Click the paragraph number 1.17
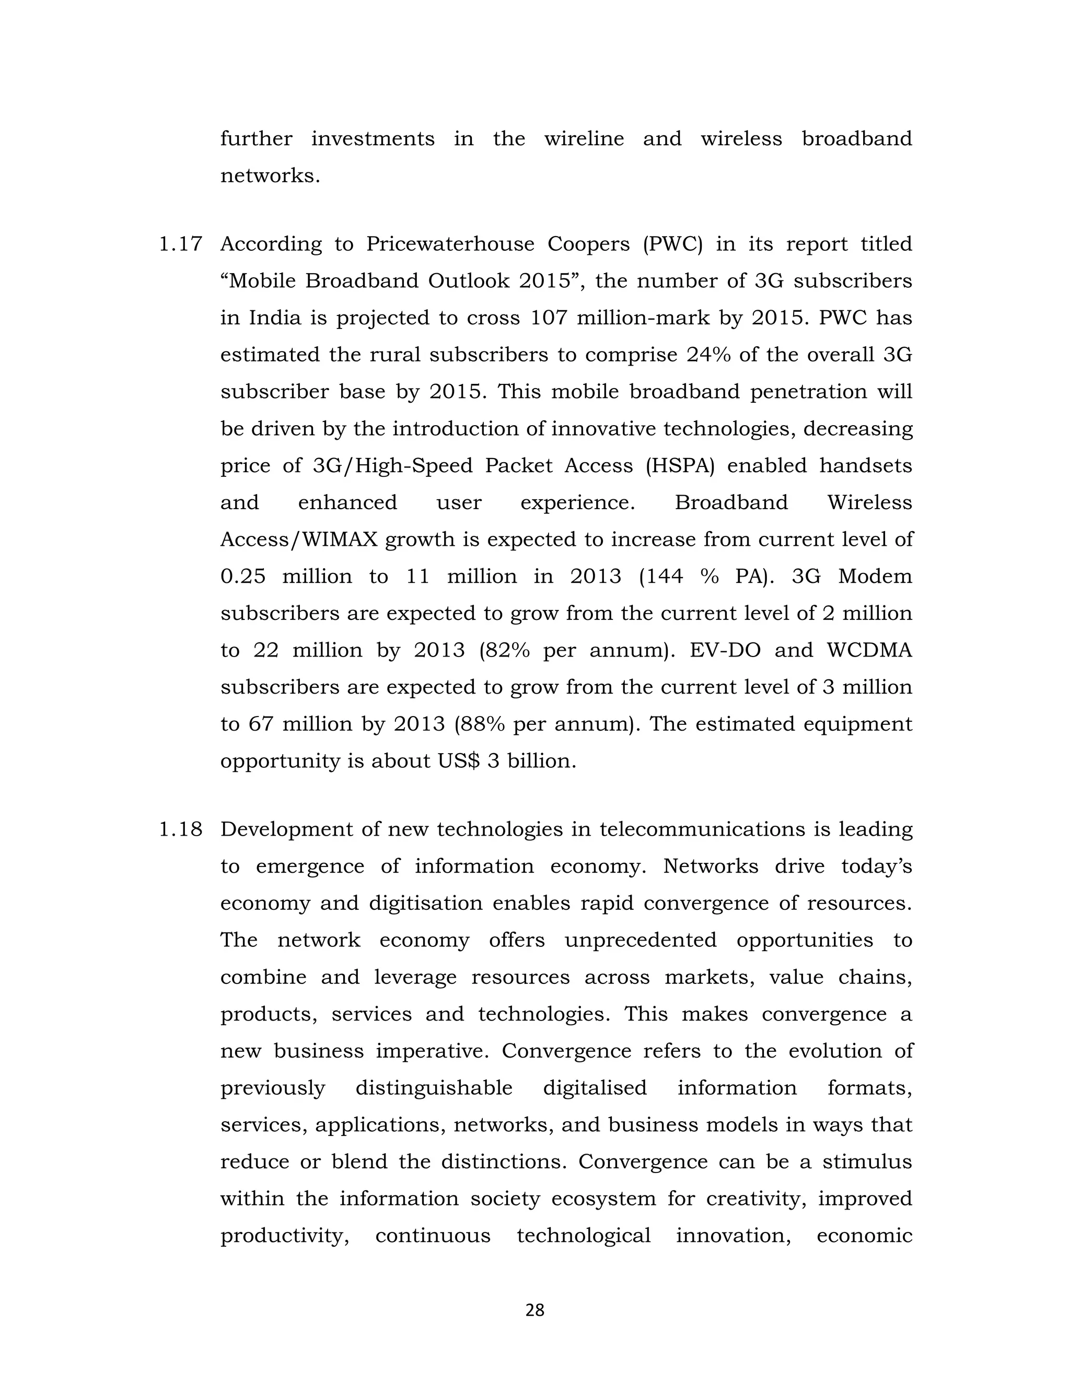pos(180,244)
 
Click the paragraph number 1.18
pos(180,829)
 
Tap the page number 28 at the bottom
pos(534,1310)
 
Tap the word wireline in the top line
pos(584,139)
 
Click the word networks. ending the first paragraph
pos(270,175)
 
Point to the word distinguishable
pos(434,1088)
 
